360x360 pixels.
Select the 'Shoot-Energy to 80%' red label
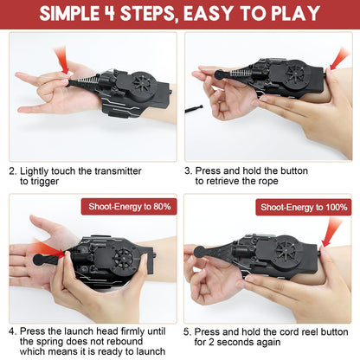pos(129,207)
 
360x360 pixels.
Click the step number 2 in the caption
pos(12,171)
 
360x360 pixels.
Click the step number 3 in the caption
pos(189,171)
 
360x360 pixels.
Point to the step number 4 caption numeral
pos(12,331)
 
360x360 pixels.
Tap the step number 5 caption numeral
pos(189,331)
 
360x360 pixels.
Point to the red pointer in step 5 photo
pos(333,231)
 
